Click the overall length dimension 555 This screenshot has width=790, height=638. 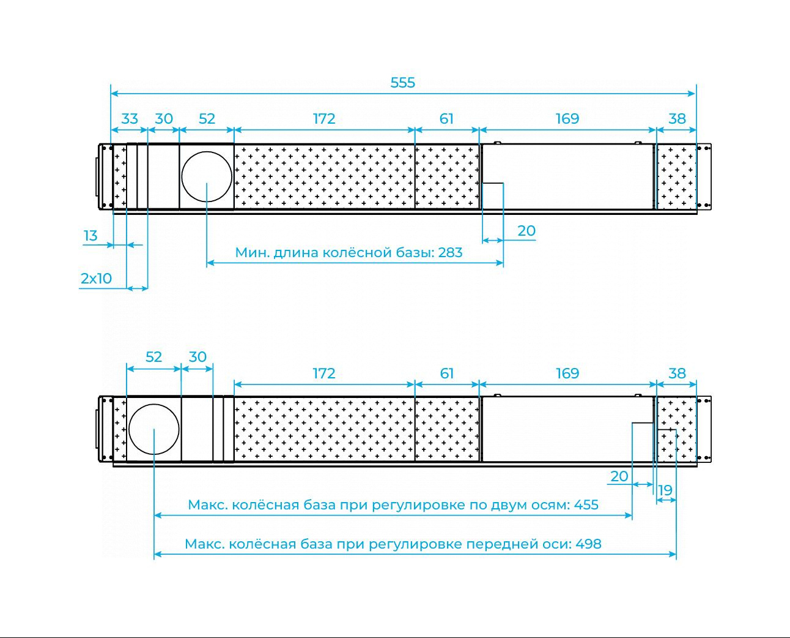[402, 83]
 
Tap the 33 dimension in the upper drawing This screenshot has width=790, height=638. [130, 119]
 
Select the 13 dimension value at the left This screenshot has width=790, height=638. [90, 236]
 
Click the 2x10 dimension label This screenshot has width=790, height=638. [96, 279]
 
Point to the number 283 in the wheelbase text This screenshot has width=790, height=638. [450, 253]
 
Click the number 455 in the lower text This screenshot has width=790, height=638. [586, 505]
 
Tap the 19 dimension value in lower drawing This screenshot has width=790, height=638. [665, 490]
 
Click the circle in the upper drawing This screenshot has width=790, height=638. [207, 151]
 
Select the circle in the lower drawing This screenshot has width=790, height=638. [154, 404]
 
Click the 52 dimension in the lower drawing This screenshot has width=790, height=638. [153, 357]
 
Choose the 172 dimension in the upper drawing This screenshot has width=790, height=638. [324, 119]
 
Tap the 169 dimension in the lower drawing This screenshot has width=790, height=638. [567, 373]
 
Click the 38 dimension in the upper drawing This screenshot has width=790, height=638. [677, 119]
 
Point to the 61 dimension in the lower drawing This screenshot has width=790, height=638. [447, 373]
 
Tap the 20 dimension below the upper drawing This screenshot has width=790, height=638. [526, 231]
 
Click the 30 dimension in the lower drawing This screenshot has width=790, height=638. [197, 357]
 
